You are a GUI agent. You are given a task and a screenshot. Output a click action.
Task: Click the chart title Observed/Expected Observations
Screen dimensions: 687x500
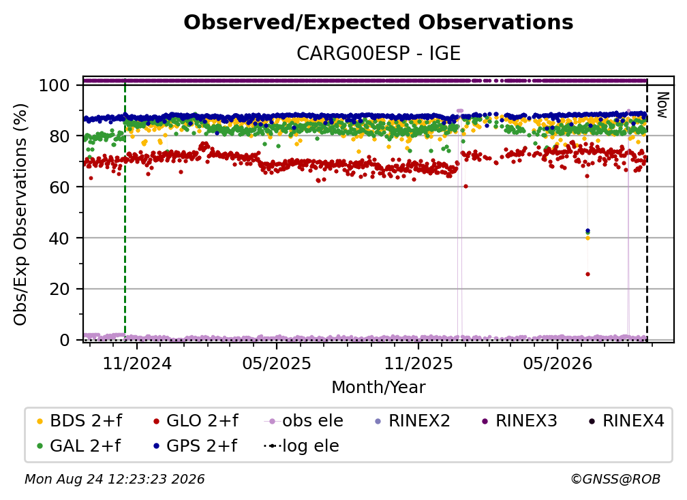click(x=378, y=22)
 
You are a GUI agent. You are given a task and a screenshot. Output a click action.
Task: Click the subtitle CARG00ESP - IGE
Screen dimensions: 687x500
click(x=378, y=53)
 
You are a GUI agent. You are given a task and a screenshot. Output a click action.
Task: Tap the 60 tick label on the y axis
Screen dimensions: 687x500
click(x=59, y=187)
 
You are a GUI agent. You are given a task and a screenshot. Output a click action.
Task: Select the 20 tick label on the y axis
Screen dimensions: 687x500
click(x=59, y=289)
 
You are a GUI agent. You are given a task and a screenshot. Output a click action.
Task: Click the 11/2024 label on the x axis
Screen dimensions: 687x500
click(x=137, y=363)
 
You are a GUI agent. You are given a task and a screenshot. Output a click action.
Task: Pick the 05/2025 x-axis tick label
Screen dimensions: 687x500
click(x=277, y=363)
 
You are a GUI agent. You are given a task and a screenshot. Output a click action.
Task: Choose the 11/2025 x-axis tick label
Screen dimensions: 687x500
click(x=418, y=363)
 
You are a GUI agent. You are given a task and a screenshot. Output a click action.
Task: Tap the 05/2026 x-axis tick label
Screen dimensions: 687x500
click(x=558, y=363)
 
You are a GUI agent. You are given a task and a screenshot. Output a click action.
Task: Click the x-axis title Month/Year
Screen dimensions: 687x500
click(x=378, y=387)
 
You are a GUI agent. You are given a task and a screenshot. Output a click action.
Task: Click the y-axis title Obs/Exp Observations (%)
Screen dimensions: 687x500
click(x=20, y=215)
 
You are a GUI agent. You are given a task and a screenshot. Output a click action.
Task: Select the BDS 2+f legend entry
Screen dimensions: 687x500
click(x=79, y=421)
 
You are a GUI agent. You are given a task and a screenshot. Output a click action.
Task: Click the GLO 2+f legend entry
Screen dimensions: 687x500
click(x=196, y=421)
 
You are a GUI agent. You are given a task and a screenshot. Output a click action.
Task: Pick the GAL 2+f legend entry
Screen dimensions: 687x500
click(x=78, y=446)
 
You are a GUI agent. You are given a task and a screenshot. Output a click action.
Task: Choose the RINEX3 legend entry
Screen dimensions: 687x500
click(x=519, y=421)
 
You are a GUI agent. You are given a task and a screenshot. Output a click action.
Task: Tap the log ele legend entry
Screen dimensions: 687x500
click(x=301, y=446)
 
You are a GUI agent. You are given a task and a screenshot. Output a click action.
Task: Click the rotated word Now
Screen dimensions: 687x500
click(x=662, y=105)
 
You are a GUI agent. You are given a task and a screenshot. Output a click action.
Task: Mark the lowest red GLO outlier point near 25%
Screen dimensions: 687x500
click(x=587, y=274)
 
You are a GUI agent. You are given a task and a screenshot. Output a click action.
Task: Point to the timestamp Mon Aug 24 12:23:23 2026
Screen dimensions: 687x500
click(x=114, y=480)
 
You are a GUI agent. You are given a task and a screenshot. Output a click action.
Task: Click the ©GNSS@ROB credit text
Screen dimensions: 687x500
click(x=615, y=480)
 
